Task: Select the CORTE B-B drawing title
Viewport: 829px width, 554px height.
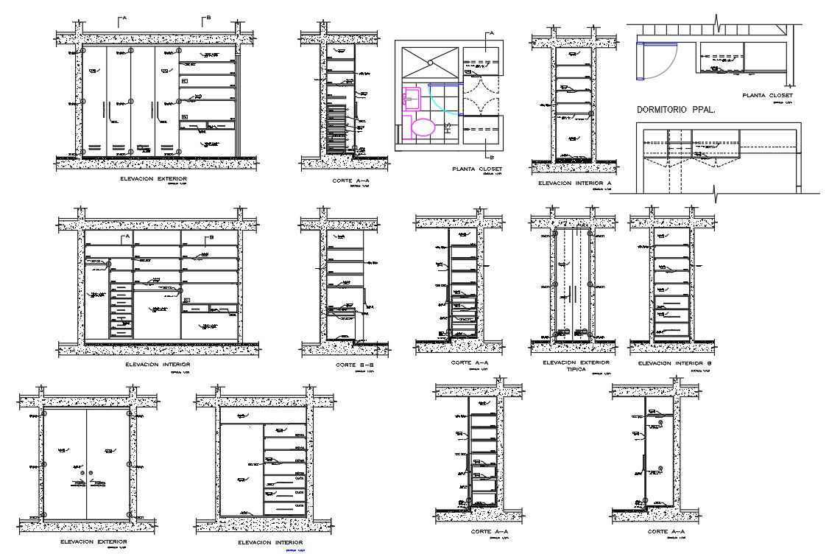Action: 356,365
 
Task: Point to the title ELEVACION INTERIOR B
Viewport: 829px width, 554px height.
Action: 671,363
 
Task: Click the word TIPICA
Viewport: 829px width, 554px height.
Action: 576,369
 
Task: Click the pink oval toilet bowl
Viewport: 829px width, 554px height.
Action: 423,127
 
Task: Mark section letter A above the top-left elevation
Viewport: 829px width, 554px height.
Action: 124,18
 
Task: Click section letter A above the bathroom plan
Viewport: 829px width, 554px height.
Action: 491,33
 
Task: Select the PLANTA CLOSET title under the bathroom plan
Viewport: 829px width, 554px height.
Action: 477,169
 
